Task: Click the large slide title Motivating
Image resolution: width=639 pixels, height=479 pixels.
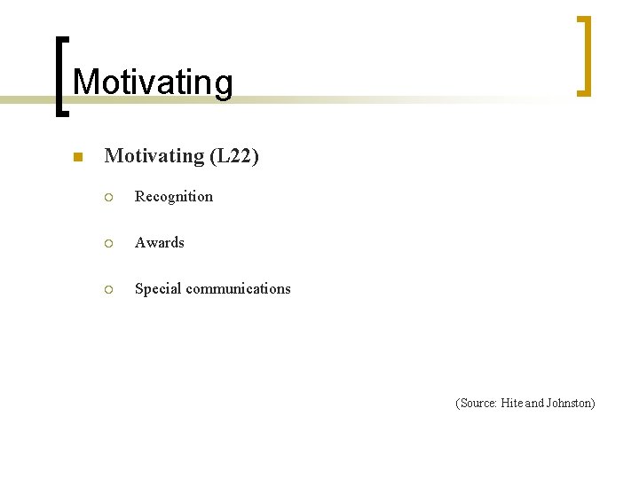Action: tap(153, 82)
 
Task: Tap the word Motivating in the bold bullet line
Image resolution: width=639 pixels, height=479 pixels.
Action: tap(154, 156)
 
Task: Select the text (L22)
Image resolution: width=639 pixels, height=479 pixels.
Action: tap(234, 156)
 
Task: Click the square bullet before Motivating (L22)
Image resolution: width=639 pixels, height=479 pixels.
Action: tap(77, 158)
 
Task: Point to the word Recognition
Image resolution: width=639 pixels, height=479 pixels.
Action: tap(174, 197)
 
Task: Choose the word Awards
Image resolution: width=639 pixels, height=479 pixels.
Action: tap(160, 243)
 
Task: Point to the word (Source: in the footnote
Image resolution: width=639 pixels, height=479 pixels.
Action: tap(477, 404)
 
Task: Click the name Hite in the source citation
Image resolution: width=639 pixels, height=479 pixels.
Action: tap(512, 404)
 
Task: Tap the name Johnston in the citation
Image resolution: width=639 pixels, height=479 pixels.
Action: tap(570, 404)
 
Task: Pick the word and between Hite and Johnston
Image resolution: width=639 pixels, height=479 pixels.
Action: tap(534, 404)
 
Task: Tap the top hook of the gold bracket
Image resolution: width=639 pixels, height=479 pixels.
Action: tap(582, 18)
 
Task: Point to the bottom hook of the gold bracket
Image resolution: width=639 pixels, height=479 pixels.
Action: tap(582, 92)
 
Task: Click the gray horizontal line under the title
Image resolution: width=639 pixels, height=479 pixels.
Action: tap(355, 100)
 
